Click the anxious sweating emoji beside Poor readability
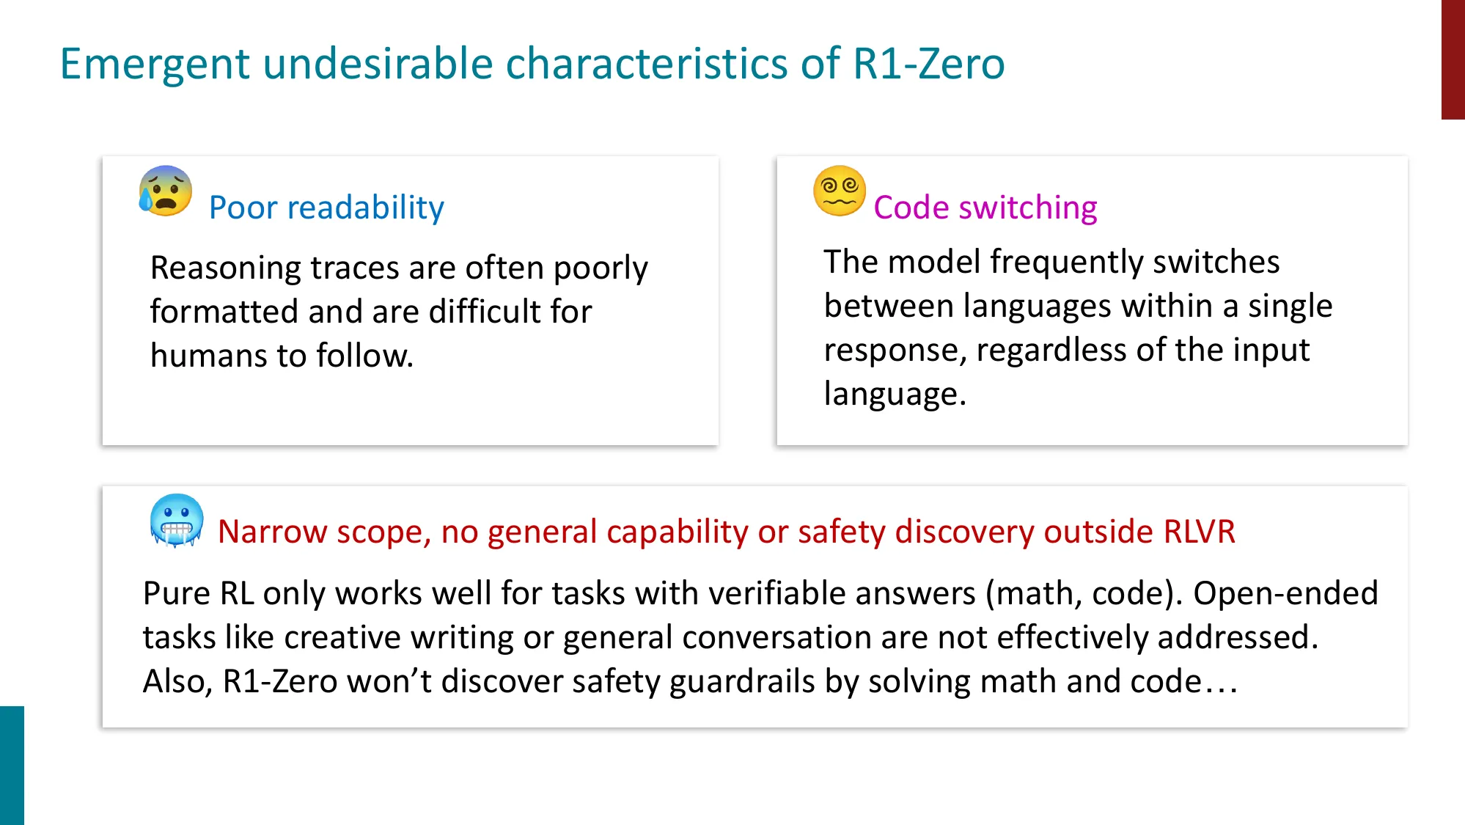tap(166, 191)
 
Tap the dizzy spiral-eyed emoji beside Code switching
tap(840, 191)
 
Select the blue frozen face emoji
tap(176, 521)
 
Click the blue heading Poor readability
tap(326, 208)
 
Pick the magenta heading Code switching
tap(985, 208)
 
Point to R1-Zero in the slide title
tap(928, 64)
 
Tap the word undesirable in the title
tap(378, 64)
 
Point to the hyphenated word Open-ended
tap(1285, 593)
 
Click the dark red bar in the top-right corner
tap(1453, 59)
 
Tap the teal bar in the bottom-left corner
tap(12, 765)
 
